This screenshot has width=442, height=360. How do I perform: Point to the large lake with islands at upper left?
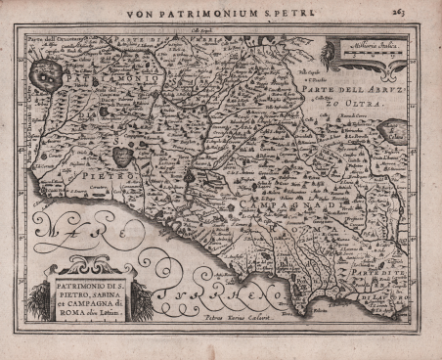coord(46,72)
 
